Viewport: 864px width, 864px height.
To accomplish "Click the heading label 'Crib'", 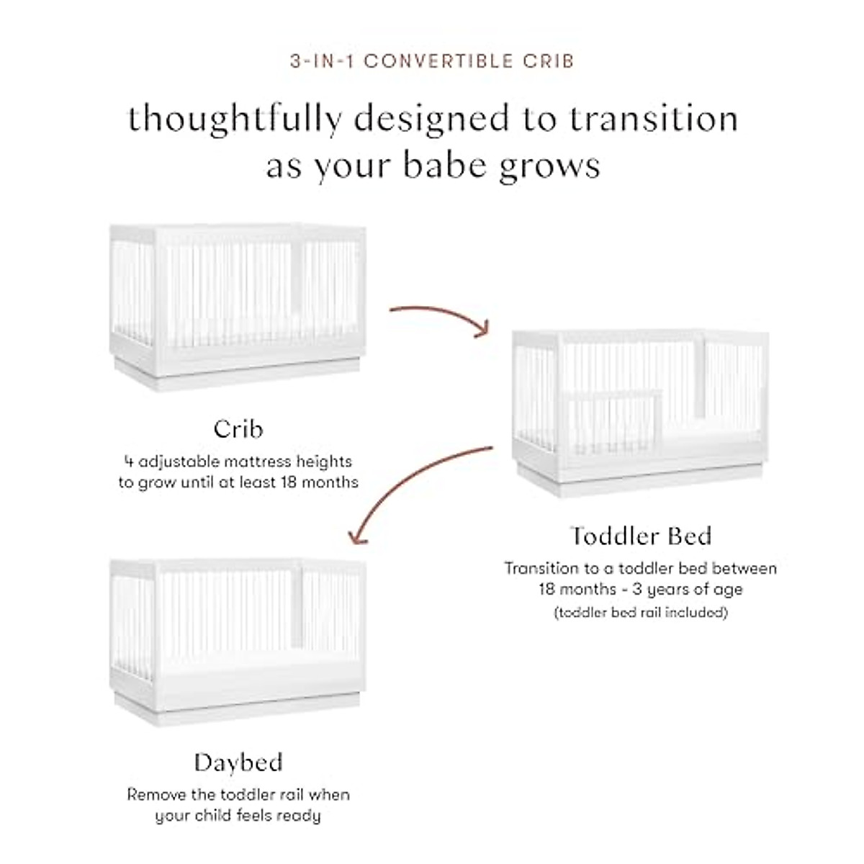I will point(238,429).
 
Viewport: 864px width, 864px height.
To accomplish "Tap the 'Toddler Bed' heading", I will point(640,536).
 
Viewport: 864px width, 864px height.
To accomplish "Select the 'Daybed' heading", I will point(238,762).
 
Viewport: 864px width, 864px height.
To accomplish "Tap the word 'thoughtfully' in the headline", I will point(234,120).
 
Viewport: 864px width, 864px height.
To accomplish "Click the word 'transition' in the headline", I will point(654,120).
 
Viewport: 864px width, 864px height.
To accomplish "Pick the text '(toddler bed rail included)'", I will point(640,613).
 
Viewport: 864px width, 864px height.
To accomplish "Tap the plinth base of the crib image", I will point(237,374).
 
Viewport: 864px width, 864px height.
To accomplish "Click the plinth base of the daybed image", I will point(237,709).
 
